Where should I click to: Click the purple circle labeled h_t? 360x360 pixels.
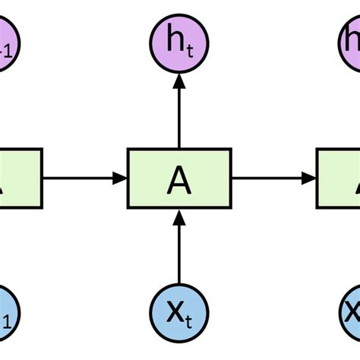179,41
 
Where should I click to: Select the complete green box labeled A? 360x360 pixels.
179,178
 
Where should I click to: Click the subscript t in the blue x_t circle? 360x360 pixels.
190,321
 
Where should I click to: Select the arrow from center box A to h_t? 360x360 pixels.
179,114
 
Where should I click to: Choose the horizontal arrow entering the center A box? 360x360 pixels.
84,178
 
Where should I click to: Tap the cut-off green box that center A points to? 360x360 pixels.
339,178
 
